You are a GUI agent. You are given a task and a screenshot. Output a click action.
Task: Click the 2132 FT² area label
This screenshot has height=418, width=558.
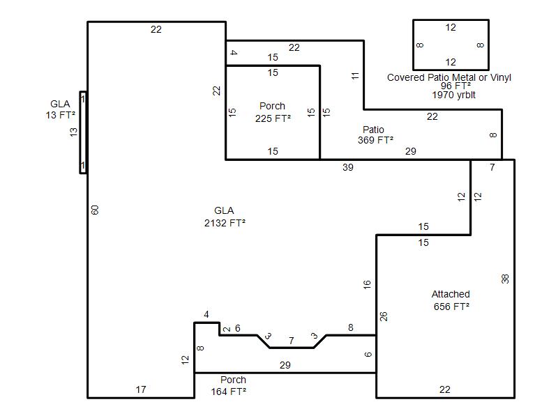click(225, 223)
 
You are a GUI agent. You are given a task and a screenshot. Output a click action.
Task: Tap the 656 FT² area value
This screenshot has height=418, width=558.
click(451, 307)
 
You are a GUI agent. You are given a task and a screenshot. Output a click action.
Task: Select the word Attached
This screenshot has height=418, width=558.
click(451, 294)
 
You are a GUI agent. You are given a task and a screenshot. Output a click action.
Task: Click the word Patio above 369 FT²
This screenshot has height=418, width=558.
click(373, 130)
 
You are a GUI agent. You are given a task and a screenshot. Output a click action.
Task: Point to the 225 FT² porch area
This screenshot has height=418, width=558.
click(273, 118)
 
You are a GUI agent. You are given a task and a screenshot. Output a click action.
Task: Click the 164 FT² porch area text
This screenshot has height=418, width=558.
click(229, 392)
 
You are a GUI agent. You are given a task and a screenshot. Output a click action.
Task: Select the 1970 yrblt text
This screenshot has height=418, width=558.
click(454, 95)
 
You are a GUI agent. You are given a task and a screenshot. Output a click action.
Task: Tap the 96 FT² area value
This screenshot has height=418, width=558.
click(456, 86)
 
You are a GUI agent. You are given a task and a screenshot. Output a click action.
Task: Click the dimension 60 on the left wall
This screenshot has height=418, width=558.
click(95, 210)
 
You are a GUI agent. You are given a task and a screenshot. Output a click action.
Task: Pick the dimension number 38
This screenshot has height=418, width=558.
click(505, 279)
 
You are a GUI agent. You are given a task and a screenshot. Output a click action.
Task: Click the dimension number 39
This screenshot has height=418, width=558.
click(347, 167)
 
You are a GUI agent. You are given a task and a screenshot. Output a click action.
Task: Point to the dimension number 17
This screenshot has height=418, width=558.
click(141, 389)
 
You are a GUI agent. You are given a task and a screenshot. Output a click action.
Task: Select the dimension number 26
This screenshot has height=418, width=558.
click(383, 316)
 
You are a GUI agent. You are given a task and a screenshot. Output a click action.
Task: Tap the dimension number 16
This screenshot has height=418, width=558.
click(367, 284)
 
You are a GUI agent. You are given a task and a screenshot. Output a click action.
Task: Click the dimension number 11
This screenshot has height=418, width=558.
click(355, 76)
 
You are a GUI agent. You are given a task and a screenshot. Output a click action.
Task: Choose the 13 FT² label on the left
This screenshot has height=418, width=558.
click(61, 115)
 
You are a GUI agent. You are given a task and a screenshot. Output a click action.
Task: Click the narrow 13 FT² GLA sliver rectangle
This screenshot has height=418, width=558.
click(83, 132)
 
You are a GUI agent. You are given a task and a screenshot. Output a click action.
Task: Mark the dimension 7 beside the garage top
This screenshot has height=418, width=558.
click(492, 167)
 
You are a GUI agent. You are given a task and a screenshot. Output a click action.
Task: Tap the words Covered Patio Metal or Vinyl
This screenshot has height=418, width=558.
click(449, 77)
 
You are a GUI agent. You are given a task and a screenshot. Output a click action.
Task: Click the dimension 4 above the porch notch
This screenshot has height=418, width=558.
click(206, 314)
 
